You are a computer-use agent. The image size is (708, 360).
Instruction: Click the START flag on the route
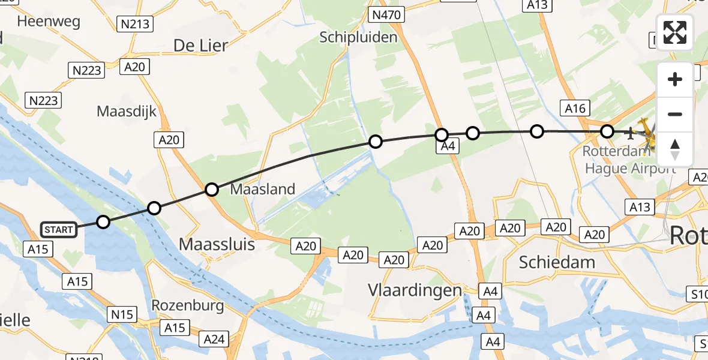coord(59,229)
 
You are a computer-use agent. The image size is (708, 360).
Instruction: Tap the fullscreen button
coord(675,32)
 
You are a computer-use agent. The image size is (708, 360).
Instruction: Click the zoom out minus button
coord(675,114)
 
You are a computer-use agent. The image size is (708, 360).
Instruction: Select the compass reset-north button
coord(675,149)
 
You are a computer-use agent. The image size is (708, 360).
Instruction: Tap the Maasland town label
coord(263,190)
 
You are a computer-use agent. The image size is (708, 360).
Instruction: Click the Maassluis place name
coord(217,244)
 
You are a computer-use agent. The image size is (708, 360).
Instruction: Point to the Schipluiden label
coord(358,37)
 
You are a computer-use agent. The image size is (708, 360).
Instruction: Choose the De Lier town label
coord(200,45)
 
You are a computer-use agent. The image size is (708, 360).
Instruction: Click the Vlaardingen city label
coord(415,290)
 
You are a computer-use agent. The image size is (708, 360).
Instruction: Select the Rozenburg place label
coord(188,305)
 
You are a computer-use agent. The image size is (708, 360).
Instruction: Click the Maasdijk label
coord(127,111)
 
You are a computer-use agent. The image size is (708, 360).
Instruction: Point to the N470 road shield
coord(388,14)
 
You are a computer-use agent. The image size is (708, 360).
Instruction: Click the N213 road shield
coord(135,24)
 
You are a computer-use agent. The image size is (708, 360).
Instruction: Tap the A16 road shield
coord(574,108)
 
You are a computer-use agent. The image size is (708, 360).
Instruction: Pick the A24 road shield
coord(214,340)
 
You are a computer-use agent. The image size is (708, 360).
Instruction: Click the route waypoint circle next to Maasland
coord(211,190)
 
